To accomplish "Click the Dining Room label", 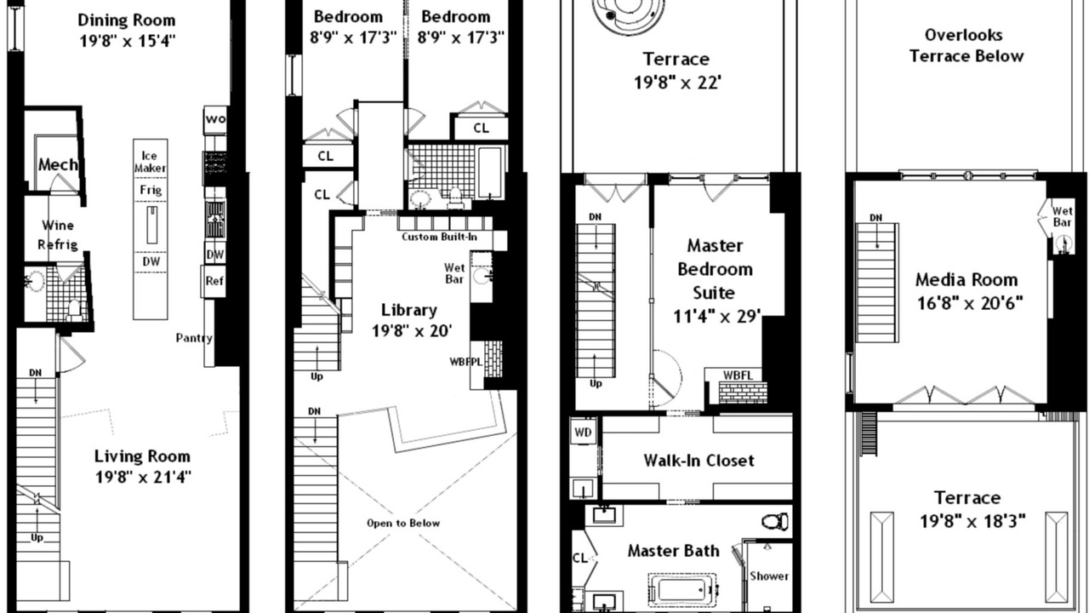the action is (x=127, y=20).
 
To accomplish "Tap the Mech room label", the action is (x=58, y=164).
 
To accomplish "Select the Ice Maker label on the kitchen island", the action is (x=151, y=162).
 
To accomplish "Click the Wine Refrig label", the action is (x=58, y=235).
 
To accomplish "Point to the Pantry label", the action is (x=194, y=338).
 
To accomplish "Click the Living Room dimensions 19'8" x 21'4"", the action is (x=143, y=478).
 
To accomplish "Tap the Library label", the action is (x=409, y=311).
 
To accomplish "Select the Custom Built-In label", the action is (x=440, y=237).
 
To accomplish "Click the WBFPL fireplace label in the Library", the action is (x=465, y=362).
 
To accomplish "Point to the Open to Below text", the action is (x=403, y=524).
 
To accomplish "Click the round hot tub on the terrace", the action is (x=628, y=11).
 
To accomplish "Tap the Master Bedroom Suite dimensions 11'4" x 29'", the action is (x=717, y=316).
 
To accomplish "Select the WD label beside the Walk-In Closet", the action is (x=583, y=432).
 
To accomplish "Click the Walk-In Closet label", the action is (x=698, y=461).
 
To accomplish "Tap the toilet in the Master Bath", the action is (x=775, y=522).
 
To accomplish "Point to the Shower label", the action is (x=768, y=576).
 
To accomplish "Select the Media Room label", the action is (x=966, y=280).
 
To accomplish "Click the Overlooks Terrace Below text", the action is (x=966, y=46).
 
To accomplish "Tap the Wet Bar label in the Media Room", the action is (x=1063, y=216).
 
